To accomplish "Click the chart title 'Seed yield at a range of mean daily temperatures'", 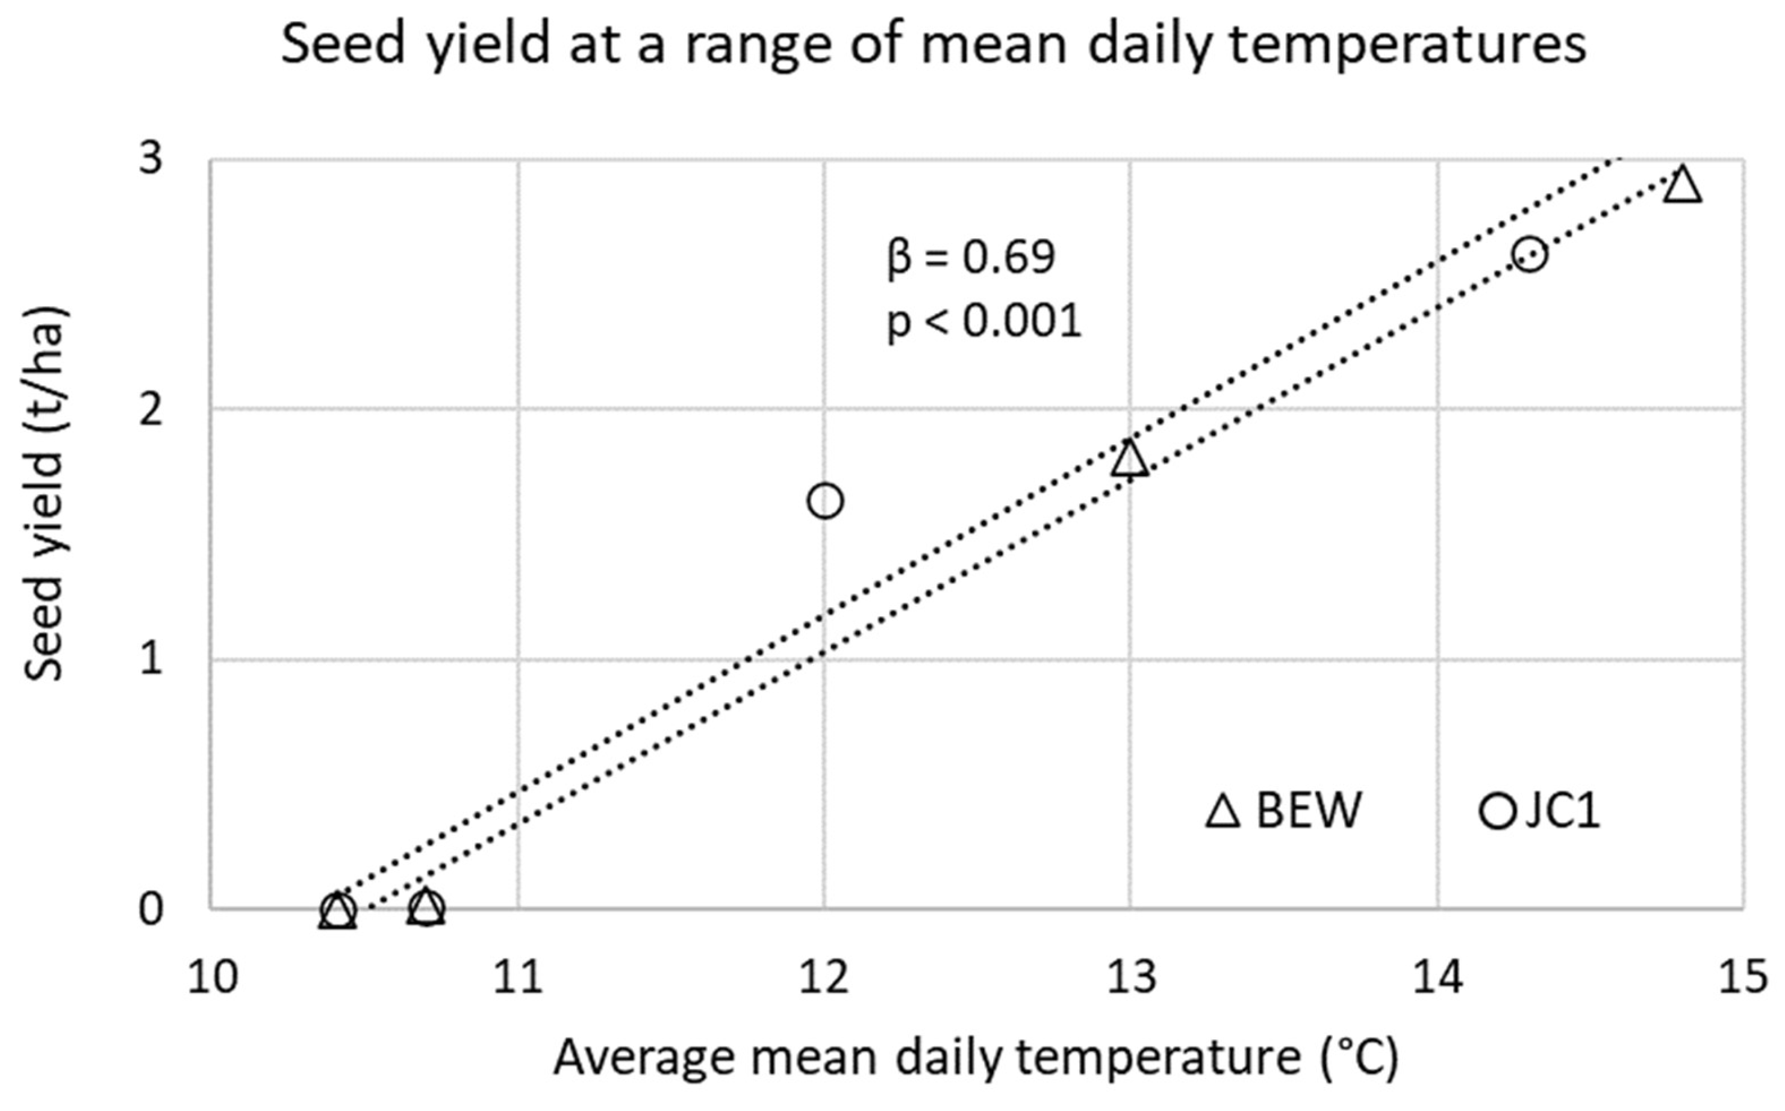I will pos(933,46).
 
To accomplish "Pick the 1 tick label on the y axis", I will pos(150,659).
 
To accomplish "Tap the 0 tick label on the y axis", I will pos(150,909).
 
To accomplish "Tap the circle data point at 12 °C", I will pos(825,501).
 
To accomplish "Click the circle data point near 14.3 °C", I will pos(1530,254).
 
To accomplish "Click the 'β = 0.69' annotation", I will pos(970,257).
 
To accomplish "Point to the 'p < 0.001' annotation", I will pos(983,322).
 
